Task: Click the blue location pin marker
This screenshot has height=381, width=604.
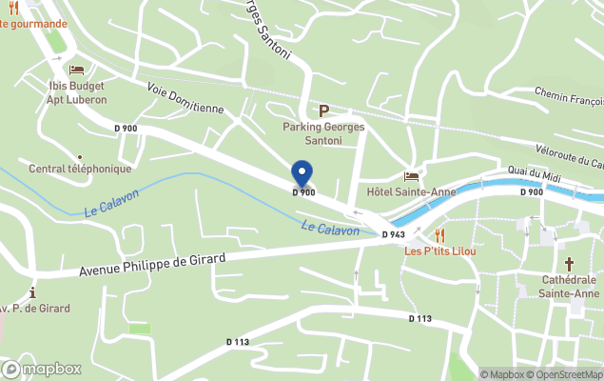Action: click(x=302, y=173)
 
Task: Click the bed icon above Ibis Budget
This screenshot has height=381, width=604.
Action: click(x=76, y=70)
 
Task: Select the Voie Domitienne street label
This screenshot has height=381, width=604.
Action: click(x=185, y=96)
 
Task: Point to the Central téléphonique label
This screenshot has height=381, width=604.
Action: click(x=80, y=169)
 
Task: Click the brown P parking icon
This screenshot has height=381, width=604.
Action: click(x=323, y=110)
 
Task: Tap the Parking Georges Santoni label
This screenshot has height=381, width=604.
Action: click(x=312, y=133)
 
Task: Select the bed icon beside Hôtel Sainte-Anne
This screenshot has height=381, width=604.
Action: click(x=411, y=176)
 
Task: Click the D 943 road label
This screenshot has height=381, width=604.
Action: click(x=394, y=234)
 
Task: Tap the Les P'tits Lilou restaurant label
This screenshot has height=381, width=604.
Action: click(x=439, y=251)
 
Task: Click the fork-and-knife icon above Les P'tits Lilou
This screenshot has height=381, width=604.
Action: click(x=439, y=234)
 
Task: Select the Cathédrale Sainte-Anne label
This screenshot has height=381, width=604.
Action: click(x=568, y=287)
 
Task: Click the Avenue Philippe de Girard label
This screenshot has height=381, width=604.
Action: click(x=152, y=264)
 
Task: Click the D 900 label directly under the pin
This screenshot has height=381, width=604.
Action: click(x=303, y=192)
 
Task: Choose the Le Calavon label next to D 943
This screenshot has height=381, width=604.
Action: click(x=330, y=229)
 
